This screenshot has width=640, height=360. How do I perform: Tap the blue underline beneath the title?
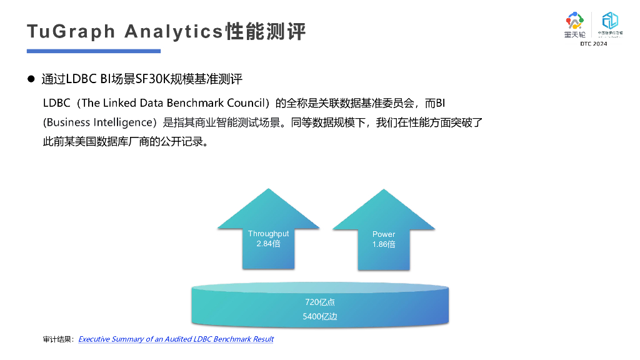(94, 51)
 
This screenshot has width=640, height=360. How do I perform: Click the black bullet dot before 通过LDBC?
(31, 79)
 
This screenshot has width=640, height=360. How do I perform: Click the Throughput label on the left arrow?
(268, 234)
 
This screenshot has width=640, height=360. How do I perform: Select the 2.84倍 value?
(268, 244)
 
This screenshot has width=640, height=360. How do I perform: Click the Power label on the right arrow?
(384, 234)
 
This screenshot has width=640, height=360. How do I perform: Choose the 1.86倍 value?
(384, 244)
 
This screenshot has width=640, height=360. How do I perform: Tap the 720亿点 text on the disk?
(320, 302)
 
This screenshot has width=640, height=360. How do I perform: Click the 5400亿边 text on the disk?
(320, 317)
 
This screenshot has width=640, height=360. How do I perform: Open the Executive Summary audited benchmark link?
(176, 339)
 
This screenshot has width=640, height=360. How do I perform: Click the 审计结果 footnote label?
(57, 339)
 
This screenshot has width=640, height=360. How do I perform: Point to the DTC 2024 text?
(593, 44)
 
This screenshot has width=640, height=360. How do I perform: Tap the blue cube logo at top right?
(609, 21)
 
